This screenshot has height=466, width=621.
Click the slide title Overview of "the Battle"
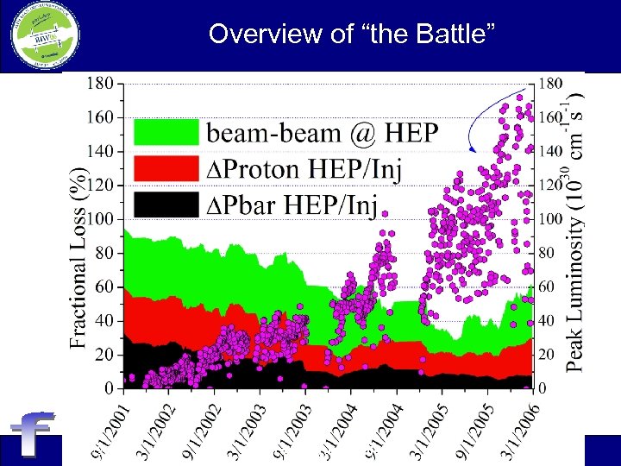pos(352,35)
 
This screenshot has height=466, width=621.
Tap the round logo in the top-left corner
pos(41,36)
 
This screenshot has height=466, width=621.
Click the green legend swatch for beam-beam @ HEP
pos(166,131)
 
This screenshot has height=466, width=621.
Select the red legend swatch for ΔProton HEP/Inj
pos(166,168)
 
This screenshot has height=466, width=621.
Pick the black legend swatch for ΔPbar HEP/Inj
pos(166,205)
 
